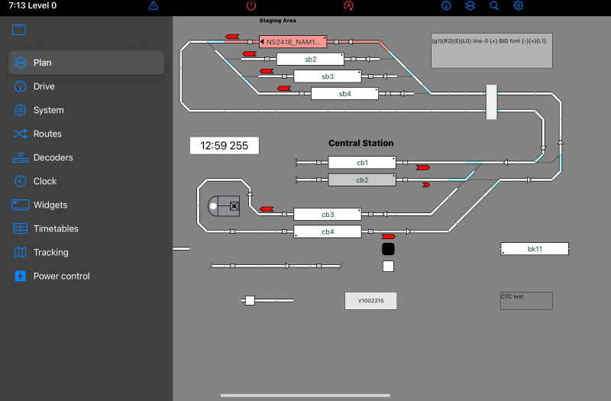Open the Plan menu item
pyautogui.click(x=43, y=63)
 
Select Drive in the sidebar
pyautogui.click(x=44, y=86)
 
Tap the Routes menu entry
pyautogui.click(x=47, y=134)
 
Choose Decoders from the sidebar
pyautogui.click(x=53, y=157)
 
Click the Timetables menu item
pyautogui.click(x=55, y=228)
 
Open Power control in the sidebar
pyautogui.click(x=61, y=276)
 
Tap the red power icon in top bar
pyautogui.click(x=252, y=5)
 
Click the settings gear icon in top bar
pyautogui.click(x=519, y=5)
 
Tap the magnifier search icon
pyautogui.click(x=494, y=5)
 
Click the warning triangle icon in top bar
pyautogui.click(x=154, y=5)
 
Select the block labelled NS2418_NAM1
pyautogui.click(x=293, y=41)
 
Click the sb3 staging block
pyautogui.click(x=327, y=76)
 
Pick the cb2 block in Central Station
pyautogui.click(x=362, y=180)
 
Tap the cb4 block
pyautogui.click(x=328, y=231)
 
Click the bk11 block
pyautogui.click(x=535, y=249)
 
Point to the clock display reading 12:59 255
pyautogui.click(x=224, y=145)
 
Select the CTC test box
pyautogui.click(x=525, y=300)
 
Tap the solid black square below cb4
pyautogui.click(x=388, y=249)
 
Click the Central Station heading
pyautogui.click(x=360, y=143)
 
